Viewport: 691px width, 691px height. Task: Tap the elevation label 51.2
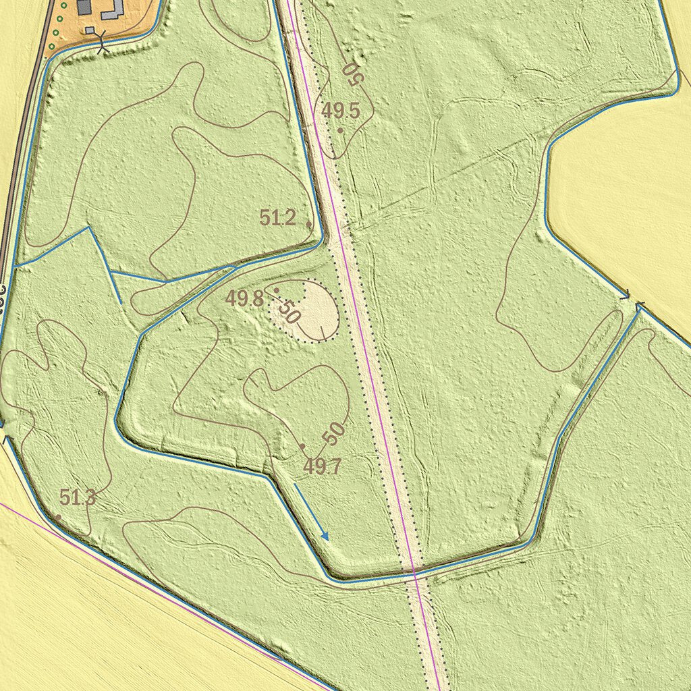[x=278, y=218]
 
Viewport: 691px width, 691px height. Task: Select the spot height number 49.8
[x=244, y=299]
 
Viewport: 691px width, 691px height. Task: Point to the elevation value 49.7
[x=322, y=466]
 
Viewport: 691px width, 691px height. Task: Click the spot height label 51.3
[x=78, y=498]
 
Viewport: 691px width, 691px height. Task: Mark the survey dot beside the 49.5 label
[x=340, y=130]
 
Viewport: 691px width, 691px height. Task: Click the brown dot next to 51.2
[x=308, y=223]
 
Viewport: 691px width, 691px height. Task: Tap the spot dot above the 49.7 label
[x=302, y=446]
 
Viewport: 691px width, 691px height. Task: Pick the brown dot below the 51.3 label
[x=59, y=517]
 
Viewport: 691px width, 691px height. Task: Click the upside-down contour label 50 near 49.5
[x=352, y=74]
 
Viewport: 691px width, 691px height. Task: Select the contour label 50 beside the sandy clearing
[x=289, y=311]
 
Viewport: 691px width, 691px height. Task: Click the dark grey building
[x=84, y=6]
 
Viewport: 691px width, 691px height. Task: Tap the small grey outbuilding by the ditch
[x=90, y=30]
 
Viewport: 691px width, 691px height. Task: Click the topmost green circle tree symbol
[x=63, y=5]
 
